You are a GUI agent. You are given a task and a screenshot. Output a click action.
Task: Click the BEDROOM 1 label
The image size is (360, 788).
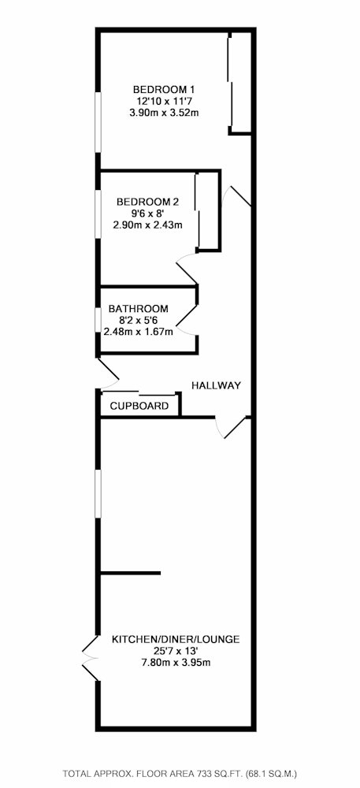click(x=163, y=90)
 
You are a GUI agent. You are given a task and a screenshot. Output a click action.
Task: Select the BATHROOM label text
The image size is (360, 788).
click(x=138, y=309)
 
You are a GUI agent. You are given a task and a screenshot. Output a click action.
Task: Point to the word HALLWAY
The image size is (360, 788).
click(x=217, y=385)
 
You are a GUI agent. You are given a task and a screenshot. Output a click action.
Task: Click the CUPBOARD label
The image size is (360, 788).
click(x=139, y=406)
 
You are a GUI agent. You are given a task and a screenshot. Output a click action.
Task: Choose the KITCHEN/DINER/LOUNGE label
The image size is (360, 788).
click(x=175, y=640)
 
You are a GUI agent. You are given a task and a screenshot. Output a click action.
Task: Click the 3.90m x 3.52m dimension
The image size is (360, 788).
click(x=163, y=113)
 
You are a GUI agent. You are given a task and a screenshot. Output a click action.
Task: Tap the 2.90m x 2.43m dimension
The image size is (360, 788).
click(x=147, y=225)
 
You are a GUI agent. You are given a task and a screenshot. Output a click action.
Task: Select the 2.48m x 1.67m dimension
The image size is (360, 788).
click(x=138, y=331)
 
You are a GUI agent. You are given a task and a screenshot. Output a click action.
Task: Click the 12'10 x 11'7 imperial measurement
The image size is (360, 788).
click(x=163, y=101)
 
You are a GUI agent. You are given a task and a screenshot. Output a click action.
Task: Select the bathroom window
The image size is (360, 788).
click(x=98, y=319)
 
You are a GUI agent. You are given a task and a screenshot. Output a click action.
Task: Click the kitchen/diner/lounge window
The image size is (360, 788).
click(x=98, y=493)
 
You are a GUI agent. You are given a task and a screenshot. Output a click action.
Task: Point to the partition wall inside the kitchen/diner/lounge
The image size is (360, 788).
click(x=131, y=573)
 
